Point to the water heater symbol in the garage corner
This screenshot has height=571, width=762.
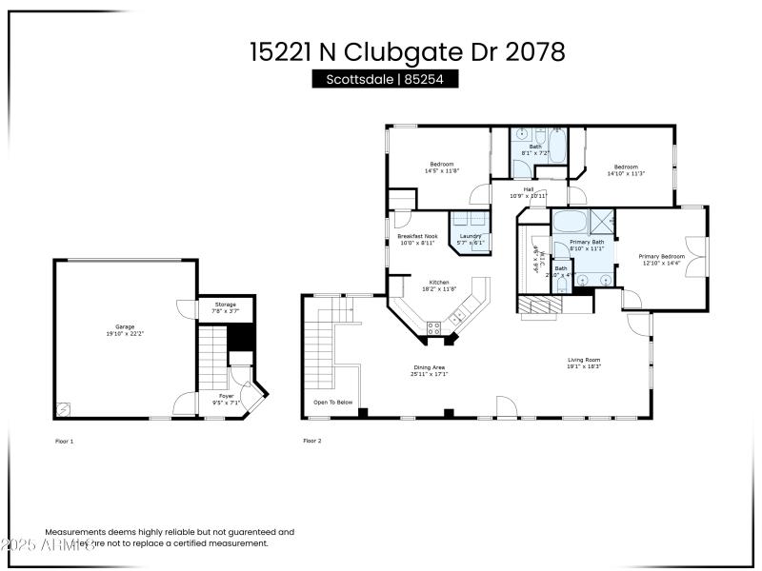click(x=64, y=409)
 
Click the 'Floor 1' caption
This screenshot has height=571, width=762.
click(x=65, y=441)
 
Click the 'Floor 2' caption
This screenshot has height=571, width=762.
click(x=312, y=441)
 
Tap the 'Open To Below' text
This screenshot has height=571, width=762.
click(x=333, y=403)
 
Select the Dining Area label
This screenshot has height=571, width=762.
click(x=429, y=370)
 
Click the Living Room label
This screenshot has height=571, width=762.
click(x=584, y=363)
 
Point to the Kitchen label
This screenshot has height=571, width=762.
click(x=438, y=285)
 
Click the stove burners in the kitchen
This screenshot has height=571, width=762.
click(x=434, y=329)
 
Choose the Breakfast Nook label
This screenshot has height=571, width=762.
click(x=417, y=239)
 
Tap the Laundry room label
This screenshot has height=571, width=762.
click(x=471, y=239)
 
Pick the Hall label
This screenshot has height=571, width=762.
click(x=528, y=192)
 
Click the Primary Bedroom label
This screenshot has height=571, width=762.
click(x=662, y=259)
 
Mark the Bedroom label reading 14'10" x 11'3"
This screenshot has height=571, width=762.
click(x=626, y=170)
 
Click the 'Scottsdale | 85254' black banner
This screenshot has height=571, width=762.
click(x=385, y=80)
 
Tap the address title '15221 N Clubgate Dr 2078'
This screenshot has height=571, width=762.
click(x=408, y=51)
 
